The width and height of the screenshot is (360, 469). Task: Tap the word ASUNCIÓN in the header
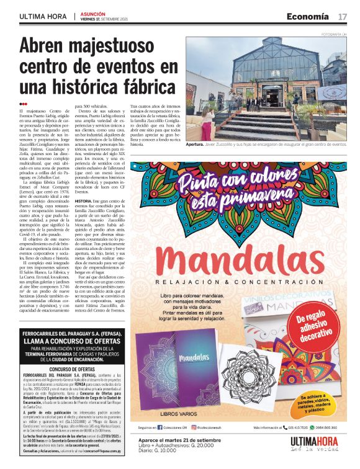[x=92, y=12]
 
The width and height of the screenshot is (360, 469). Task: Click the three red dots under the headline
[x=23, y=104]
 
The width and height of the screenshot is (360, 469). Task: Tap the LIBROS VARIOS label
[x=177, y=414]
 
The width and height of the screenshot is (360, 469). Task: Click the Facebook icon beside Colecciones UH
[x=160, y=427]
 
